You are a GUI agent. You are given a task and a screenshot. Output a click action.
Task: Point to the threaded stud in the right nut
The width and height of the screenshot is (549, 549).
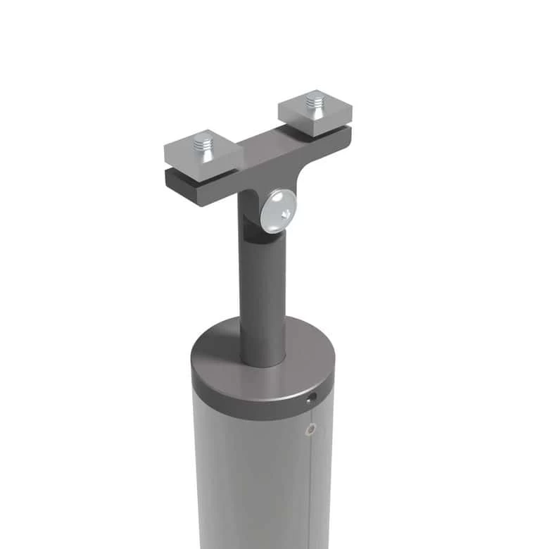tap(314, 103)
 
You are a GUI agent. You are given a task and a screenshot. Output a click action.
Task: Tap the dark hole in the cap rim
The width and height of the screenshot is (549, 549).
tap(312, 399)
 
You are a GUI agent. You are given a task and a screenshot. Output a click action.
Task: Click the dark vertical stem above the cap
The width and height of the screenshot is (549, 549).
tap(262, 296)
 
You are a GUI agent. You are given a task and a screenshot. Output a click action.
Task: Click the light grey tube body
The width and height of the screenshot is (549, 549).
tap(246, 479)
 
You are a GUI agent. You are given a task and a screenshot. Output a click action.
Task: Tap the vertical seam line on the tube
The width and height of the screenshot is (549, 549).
tap(310, 493)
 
